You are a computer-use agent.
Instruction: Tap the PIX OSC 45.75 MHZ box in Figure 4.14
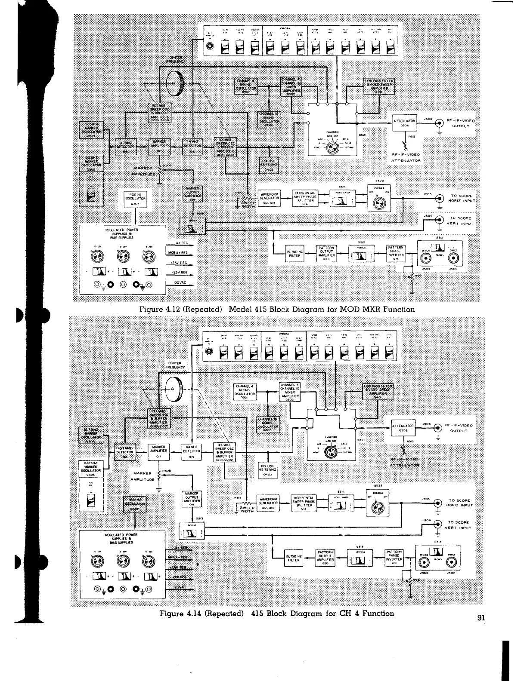click(x=268, y=470)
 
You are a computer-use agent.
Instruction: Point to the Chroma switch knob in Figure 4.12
click(x=379, y=203)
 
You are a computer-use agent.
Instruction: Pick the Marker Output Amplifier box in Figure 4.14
click(x=190, y=500)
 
